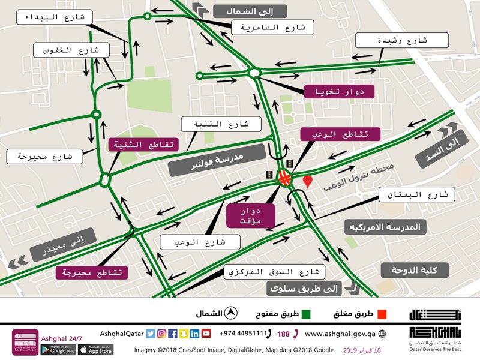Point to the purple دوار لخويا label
pyautogui.click(x=339, y=92)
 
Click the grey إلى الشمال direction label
pyautogui.click(x=248, y=11)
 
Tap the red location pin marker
pyautogui.click(x=308, y=181)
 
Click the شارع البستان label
pyautogui.click(x=418, y=195)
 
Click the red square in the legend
pyautogui.click(x=382, y=314)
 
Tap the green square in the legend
pyautogui.click(x=305, y=314)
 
